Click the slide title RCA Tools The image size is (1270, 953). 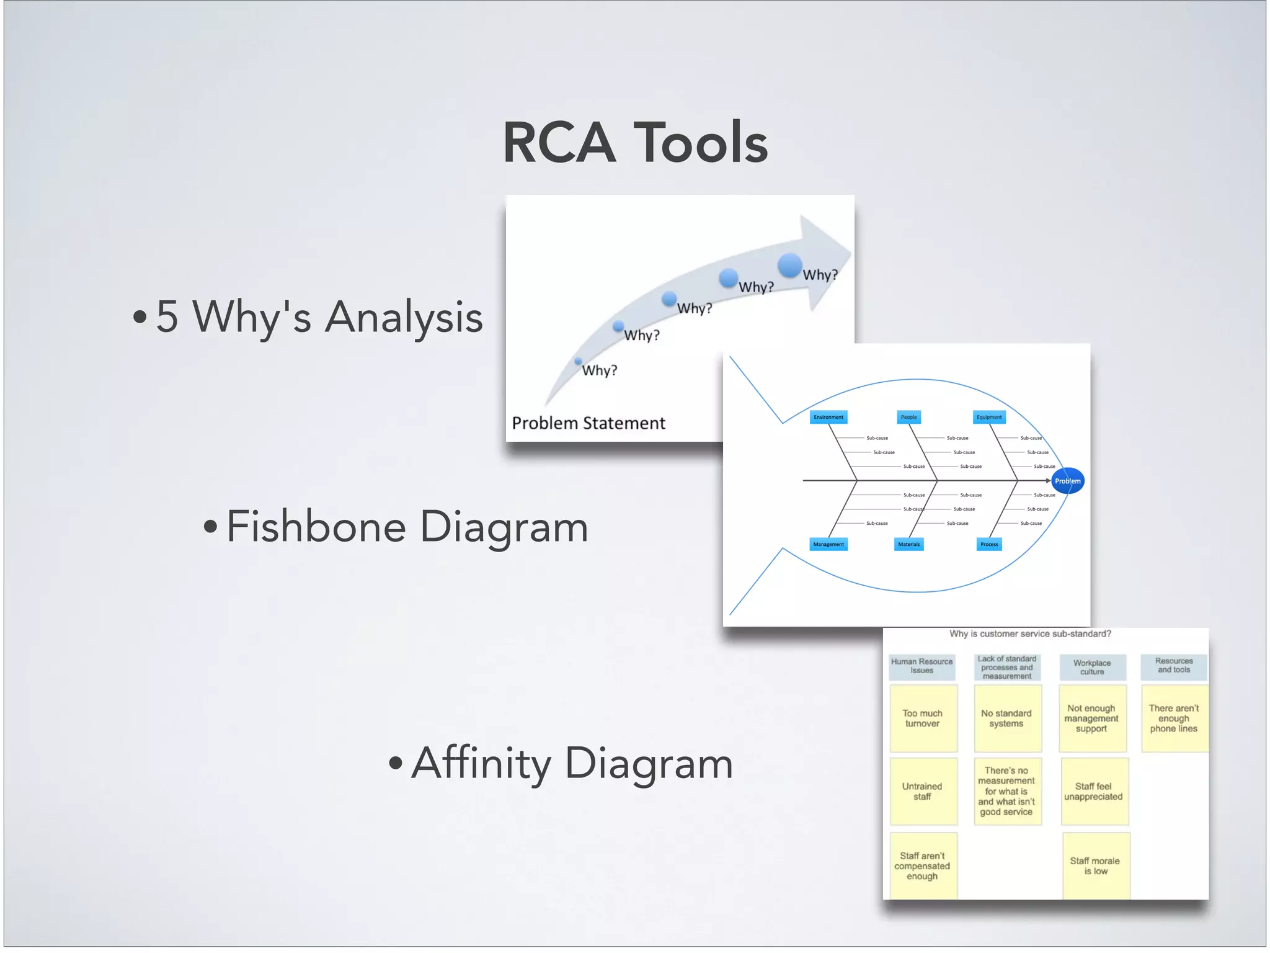tap(635, 143)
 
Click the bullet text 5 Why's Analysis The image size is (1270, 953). tap(319, 316)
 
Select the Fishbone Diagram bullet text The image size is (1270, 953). tap(407, 527)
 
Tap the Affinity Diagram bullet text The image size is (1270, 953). tap(572, 763)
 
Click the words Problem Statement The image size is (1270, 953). tap(588, 423)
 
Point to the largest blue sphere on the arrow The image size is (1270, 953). tap(789, 265)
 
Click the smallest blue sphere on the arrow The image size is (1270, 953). tap(578, 361)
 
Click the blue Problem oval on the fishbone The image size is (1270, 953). tap(1068, 481)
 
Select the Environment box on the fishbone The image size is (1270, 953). tap(828, 417)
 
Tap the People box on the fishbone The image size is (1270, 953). tap(908, 417)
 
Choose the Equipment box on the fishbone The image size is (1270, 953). tap(989, 417)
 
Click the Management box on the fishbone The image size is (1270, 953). tap(828, 544)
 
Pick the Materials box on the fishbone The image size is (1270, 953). tap(909, 544)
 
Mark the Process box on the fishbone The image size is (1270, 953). tap(989, 544)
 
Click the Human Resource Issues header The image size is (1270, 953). tap(921, 666)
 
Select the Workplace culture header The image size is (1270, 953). tap(1092, 667)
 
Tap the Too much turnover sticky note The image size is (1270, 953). tap(923, 718)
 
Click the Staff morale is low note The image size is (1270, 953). tap(1095, 866)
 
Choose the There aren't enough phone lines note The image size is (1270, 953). tap(1173, 718)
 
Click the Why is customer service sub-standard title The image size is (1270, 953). tap(1030, 633)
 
